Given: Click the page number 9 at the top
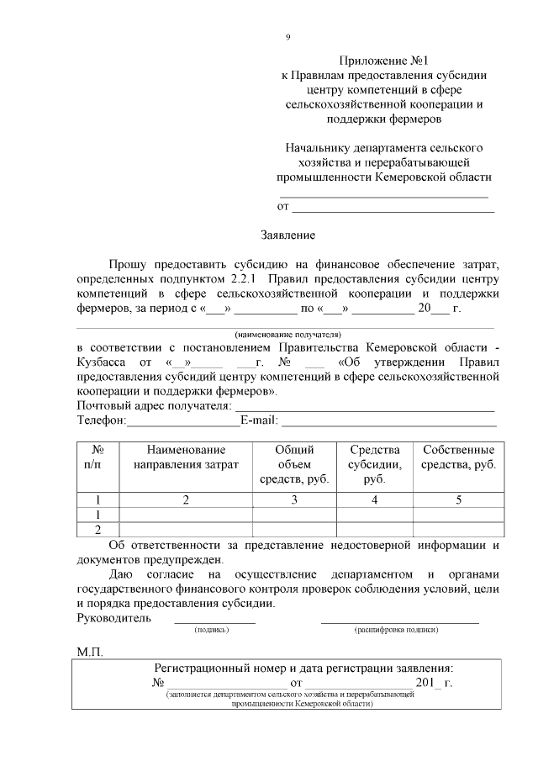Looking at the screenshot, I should [288, 36].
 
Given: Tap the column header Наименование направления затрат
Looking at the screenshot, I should [186, 457].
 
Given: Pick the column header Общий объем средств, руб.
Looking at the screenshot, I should [294, 464].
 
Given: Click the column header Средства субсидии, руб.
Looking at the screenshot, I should [374, 464].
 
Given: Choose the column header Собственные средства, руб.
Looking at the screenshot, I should [458, 457].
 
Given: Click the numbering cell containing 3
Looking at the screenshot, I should [294, 499].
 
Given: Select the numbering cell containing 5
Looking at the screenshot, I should [458, 499].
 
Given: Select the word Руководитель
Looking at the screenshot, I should [113, 617].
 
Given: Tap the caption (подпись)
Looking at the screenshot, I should [214, 629].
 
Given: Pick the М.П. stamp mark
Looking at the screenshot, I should [89, 652].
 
